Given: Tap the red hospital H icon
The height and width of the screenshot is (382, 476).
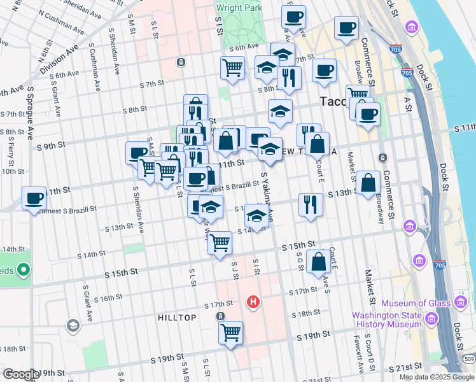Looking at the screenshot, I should pyautogui.click(x=253, y=301).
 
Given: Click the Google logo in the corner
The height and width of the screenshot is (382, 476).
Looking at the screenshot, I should pyautogui.click(x=21, y=374).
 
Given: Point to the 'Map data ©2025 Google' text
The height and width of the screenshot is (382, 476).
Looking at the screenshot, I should pyautogui.click(x=437, y=377).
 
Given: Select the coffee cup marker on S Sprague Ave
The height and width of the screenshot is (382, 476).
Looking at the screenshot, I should pyautogui.click(x=33, y=198).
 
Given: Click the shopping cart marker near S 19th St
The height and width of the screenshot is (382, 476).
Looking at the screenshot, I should pyautogui.click(x=230, y=332).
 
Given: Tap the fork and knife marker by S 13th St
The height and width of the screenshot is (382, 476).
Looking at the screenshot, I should pyautogui.click(x=310, y=204).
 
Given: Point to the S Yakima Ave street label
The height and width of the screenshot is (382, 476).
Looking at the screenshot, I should pyautogui.click(x=265, y=195).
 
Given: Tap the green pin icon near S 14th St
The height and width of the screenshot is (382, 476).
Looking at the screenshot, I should pyautogui.click(x=24, y=271).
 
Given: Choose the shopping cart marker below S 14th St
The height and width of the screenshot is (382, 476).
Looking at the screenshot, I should pyautogui.click(x=220, y=243).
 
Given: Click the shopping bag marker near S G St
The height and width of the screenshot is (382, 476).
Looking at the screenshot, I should pyautogui.click(x=318, y=262).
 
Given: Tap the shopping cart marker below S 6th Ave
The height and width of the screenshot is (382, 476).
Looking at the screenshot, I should pyautogui.click(x=233, y=67).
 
